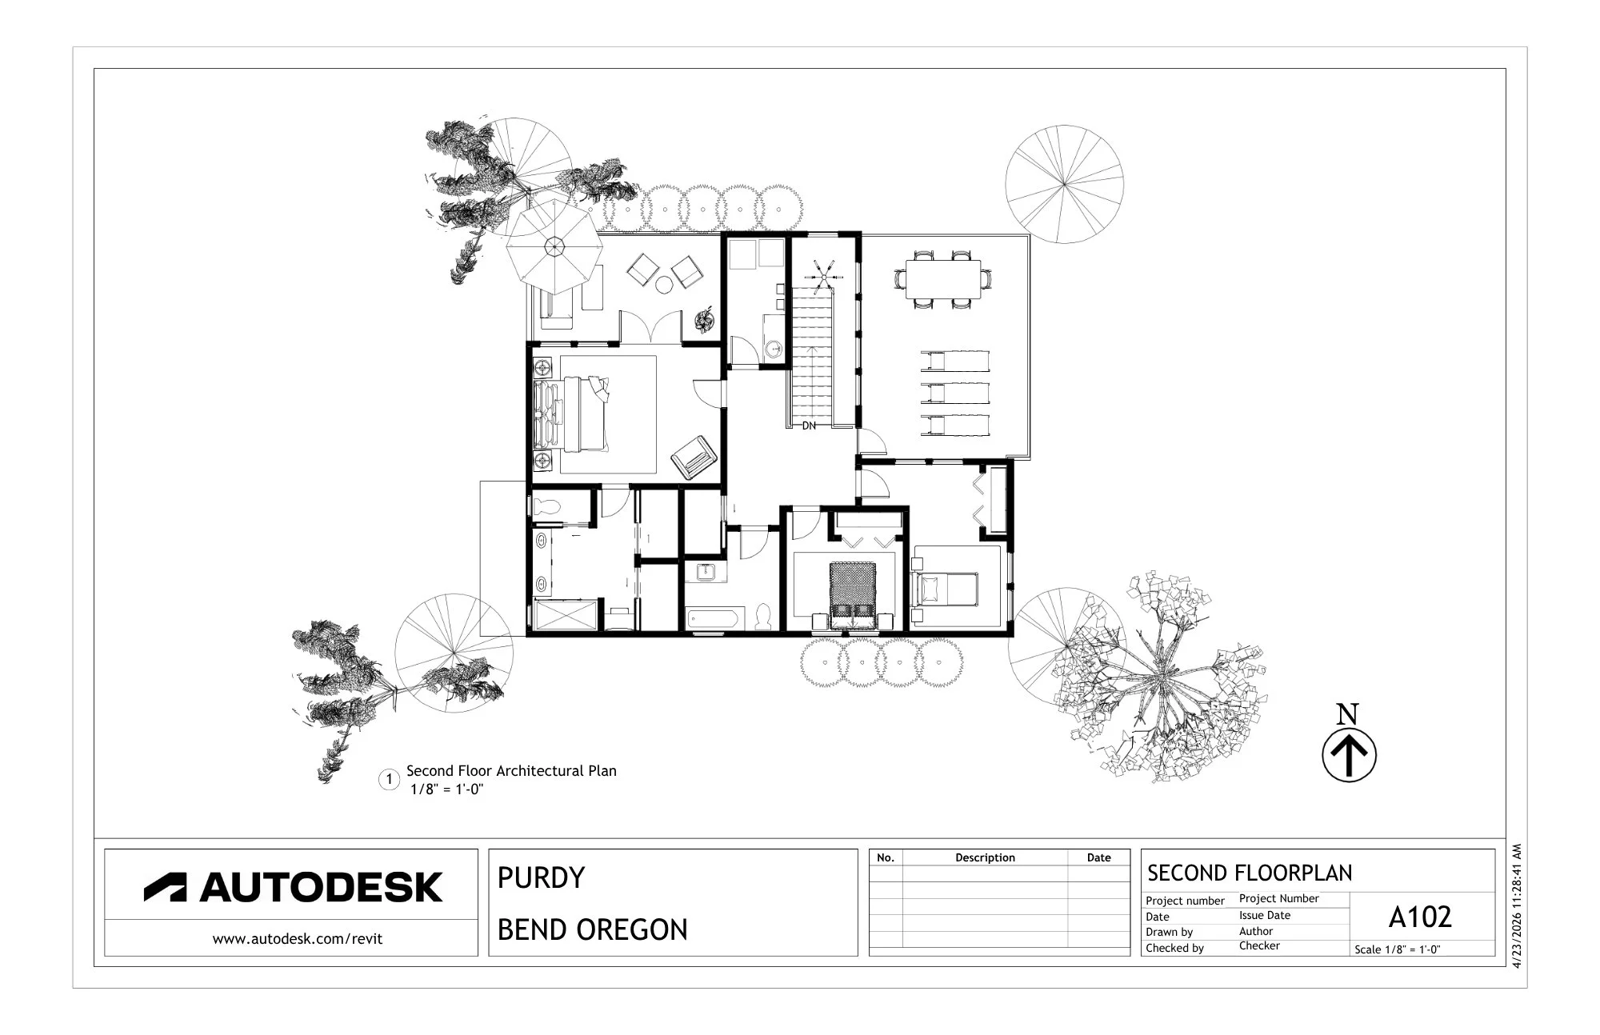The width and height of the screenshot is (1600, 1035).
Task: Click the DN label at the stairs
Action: click(809, 426)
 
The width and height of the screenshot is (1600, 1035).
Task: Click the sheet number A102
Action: click(1420, 917)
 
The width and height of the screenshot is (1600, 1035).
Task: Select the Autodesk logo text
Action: click(293, 887)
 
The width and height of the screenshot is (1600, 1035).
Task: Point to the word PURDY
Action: click(542, 878)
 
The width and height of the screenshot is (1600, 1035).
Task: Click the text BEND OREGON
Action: click(593, 930)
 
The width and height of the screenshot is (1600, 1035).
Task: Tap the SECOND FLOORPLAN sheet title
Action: click(1250, 873)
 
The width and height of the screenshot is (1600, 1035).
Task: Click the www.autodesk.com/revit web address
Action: click(298, 939)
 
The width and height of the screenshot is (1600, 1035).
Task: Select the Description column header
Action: click(985, 857)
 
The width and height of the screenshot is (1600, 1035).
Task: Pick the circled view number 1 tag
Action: click(389, 780)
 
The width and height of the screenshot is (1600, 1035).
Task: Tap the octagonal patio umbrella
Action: click(554, 248)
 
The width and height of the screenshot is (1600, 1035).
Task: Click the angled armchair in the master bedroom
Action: click(694, 458)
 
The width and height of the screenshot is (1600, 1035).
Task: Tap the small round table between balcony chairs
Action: click(664, 285)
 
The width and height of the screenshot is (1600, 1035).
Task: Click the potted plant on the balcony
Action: click(703, 320)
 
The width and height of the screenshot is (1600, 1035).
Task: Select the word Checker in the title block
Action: click(1259, 946)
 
